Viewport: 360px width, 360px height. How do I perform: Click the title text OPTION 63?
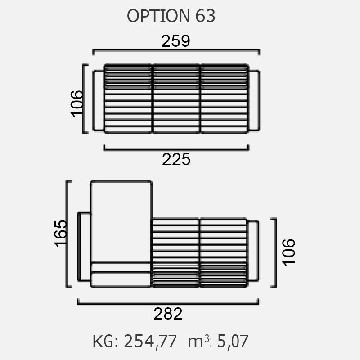click(171, 16)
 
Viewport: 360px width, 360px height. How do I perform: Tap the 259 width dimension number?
click(175, 41)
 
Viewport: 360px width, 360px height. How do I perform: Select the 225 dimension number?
click(176, 159)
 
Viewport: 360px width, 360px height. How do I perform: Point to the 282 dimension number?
click(168, 314)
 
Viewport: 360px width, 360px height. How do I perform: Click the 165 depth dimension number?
click(61, 234)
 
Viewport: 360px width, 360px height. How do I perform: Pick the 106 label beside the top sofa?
click(76, 104)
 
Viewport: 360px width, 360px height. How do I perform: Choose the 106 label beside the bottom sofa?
click(288, 252)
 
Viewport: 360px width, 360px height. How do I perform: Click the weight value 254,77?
click(150, 342)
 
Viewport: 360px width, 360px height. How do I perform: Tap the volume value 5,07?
click(233, 342)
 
